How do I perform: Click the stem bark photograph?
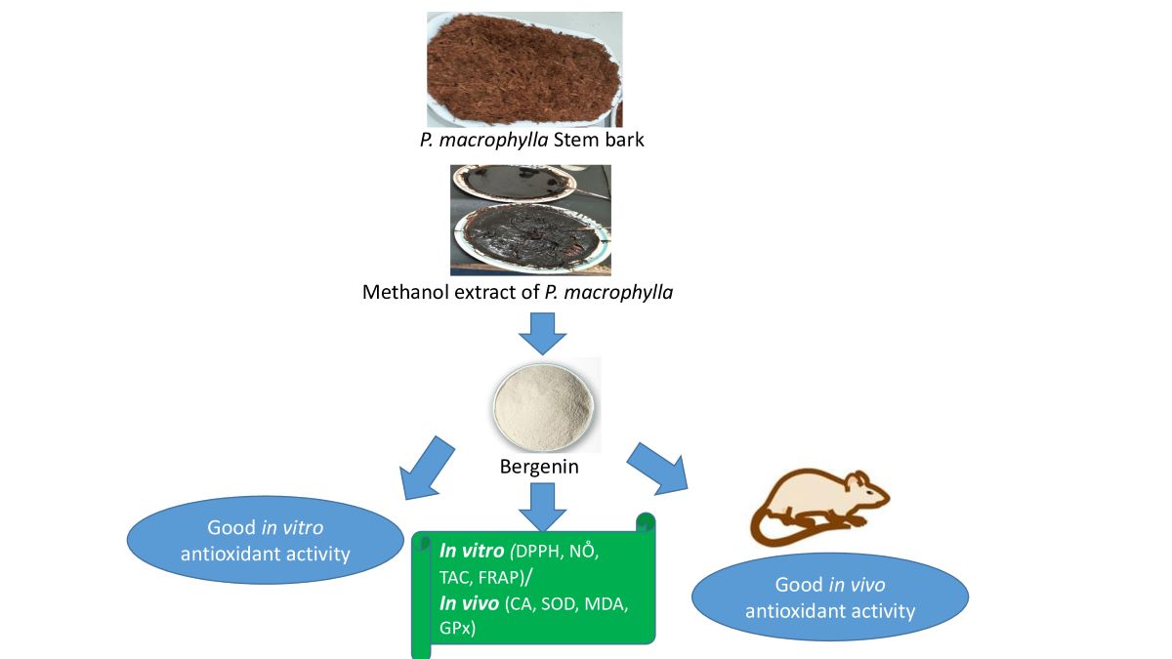tap(524, 68)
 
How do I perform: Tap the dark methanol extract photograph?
tap(530, 220)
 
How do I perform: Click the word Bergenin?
tap(539, 467)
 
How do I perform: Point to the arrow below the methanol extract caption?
tap(541, 334)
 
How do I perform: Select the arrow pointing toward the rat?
tap(655, 466)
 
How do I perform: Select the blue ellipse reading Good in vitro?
tap(267, 541)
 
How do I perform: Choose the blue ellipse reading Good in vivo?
tap(829, 597)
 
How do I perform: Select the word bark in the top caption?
tap(625, 139)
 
